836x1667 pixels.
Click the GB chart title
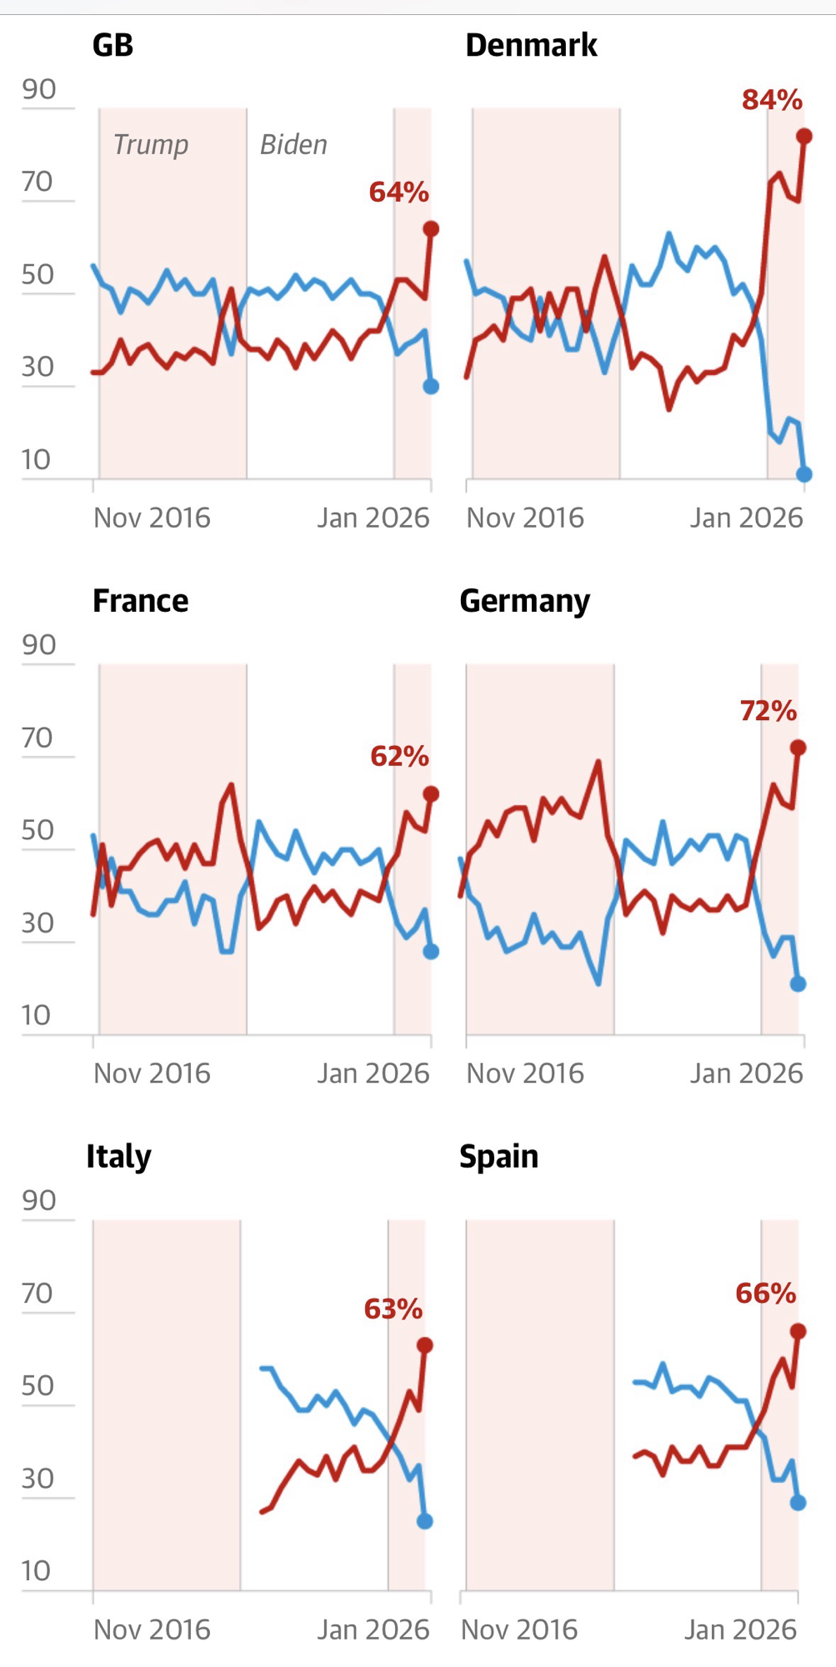[113, 45]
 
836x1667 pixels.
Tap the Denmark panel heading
[531, 45]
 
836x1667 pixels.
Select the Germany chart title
[524, 601]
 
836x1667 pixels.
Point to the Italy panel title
[118, 1157]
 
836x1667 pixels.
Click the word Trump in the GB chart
[151, 145]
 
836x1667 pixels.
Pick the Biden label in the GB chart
[293, 145]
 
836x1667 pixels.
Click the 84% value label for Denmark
[772, 100]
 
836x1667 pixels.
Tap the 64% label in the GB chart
[398, 193]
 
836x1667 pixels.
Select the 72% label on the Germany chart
[768, 711]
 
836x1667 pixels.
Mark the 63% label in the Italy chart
[393, 1309]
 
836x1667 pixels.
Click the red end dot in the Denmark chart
[804, 136]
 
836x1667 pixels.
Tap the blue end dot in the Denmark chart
[804, 474]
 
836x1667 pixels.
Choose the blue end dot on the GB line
[431, 386]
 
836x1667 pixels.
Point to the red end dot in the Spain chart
[798, 1331]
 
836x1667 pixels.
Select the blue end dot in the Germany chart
[798, 984]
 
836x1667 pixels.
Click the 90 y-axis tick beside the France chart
[38, 645]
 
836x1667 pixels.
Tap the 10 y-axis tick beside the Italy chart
[36, 1571]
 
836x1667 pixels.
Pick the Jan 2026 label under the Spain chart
[740, 1629]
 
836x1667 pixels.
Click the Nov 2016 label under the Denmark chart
[525, 518]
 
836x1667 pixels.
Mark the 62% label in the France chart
[399, 757]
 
